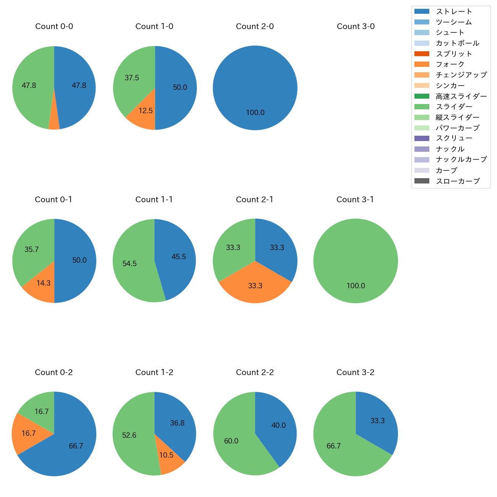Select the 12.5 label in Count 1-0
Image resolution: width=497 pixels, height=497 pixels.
[146, 111]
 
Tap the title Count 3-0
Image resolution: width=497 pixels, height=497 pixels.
[356, 26]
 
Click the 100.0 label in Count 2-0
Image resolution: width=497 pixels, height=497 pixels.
[255, 113]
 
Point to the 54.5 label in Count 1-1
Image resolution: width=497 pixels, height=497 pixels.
[130, 264]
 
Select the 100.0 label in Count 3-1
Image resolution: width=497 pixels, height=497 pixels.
[356, 286]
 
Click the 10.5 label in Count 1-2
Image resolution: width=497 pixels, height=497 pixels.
[166, 455]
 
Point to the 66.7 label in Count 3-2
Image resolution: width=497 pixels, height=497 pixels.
[333, 446]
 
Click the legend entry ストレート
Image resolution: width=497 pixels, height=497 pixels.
[454, 11]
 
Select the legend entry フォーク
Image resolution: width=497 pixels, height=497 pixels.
[450, 64]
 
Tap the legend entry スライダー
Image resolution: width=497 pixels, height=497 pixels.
[454, 107]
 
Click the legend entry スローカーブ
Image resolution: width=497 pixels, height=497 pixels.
[458, 181]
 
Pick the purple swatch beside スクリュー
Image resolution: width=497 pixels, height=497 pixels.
[422, 138]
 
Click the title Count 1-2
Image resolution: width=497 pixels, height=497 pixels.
[154, 372]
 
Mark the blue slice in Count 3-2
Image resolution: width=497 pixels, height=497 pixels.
[377, 421]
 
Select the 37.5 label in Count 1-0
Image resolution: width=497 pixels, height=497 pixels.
[132, 78]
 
